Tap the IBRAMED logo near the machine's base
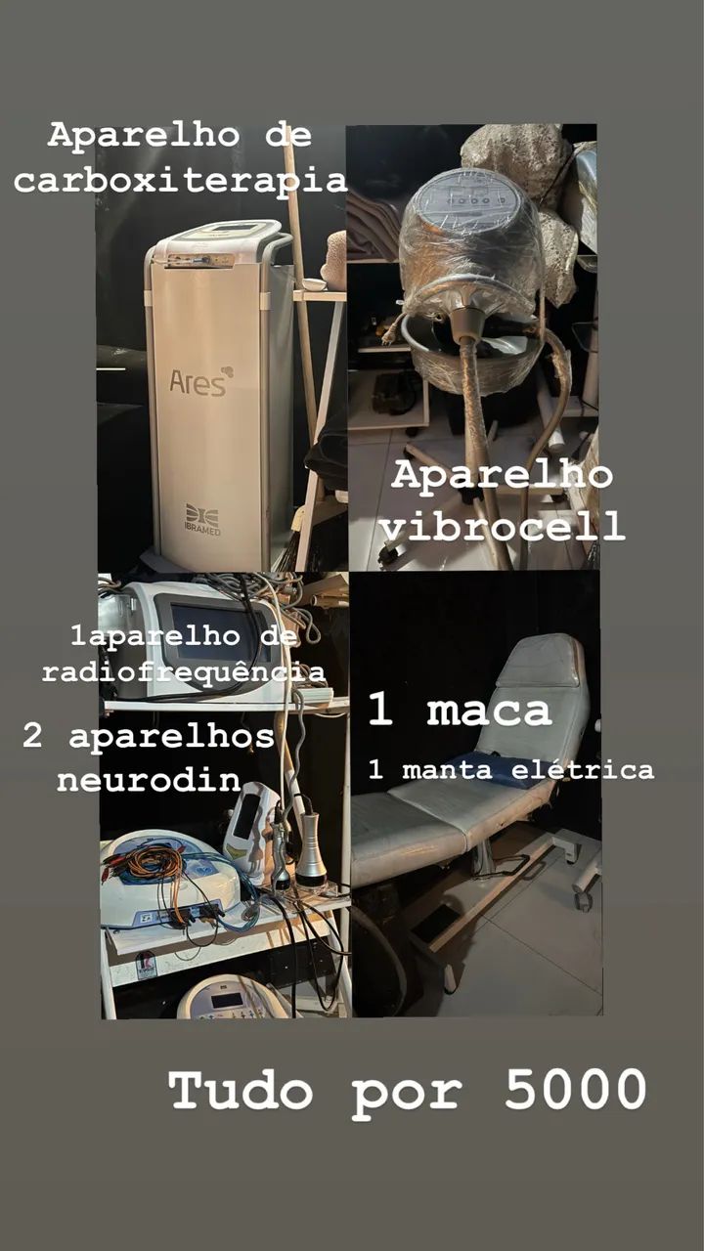[201, 518]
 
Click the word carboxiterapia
[181, 181]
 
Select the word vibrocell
[502, 527]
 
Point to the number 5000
[575, 1089]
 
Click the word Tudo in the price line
[241, 1089]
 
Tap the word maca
[489, 712]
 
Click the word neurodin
[148, 780]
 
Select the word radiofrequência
[183, 672]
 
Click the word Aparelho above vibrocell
[502, 476]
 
